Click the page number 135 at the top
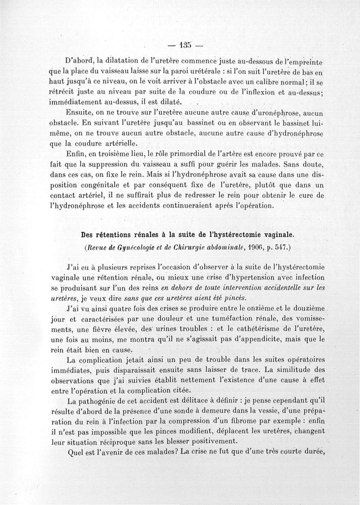(184, 45)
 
